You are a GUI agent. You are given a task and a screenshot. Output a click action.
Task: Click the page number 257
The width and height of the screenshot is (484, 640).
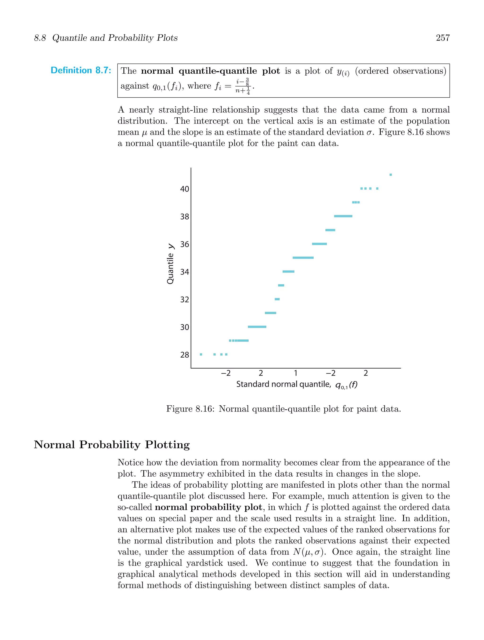(442, 38)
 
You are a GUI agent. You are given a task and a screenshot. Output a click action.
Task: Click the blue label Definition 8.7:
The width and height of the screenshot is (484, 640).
(81, 70)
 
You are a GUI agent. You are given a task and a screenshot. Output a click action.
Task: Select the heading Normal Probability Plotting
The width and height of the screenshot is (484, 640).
(112, 445)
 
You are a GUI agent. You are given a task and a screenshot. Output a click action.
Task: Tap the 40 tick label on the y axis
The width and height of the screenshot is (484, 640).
(185, 189)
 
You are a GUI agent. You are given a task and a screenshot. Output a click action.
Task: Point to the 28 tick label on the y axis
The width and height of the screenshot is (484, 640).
(185, 355)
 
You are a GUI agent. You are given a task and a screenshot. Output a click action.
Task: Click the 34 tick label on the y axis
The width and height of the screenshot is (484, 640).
(185, 272)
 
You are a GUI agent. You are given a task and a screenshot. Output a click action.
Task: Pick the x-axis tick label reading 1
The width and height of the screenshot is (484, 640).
(295, 373)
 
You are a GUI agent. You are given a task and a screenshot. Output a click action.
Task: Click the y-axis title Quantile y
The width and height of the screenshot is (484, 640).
(171, 264)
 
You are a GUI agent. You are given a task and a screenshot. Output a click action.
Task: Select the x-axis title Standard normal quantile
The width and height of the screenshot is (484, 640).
(283, 384)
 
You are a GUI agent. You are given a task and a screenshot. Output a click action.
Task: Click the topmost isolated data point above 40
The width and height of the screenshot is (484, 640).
(391, 175)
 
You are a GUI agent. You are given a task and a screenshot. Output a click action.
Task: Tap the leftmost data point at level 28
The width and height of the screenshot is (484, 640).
(201, 355)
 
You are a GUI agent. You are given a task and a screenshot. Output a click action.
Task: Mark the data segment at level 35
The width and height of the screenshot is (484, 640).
(303, 258)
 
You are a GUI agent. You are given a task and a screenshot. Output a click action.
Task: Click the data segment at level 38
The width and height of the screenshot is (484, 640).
(343, 216)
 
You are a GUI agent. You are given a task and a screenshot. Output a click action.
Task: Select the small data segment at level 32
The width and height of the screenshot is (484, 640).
(277, 299)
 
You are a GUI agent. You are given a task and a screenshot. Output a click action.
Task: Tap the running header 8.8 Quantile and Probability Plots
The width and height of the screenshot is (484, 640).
(106, 38)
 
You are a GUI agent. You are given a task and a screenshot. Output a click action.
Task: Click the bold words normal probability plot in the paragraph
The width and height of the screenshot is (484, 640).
(208, 507)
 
